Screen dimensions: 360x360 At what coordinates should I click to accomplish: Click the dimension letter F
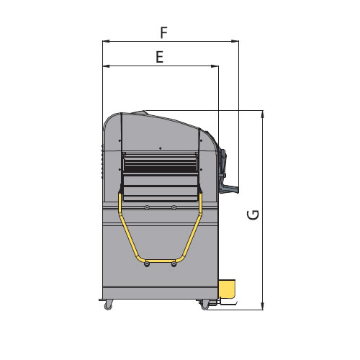163,33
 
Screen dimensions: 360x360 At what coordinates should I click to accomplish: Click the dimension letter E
160,57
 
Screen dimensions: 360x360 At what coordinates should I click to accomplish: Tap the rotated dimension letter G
253,215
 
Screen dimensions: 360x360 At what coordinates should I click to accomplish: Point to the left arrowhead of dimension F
106,41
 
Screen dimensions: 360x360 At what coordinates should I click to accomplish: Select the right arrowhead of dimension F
235,41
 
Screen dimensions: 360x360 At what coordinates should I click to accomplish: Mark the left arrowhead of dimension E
106,66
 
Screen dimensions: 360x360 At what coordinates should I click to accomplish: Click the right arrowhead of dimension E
215,66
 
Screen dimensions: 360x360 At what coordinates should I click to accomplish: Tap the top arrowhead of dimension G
263,114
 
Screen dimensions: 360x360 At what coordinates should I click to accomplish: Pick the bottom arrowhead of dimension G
263,306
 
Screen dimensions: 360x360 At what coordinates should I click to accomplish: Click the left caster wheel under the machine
108,305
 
